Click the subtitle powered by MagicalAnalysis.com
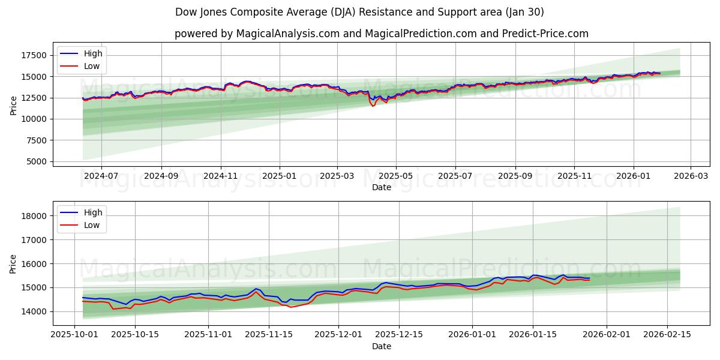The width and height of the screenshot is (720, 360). (381, 34)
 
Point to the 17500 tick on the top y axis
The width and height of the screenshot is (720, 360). (34, 55)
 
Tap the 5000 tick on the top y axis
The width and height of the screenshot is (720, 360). (37, 161)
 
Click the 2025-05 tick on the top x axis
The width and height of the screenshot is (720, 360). (395, 176)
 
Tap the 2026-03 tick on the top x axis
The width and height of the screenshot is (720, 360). (690, 176)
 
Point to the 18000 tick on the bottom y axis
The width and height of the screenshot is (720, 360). (34, 216)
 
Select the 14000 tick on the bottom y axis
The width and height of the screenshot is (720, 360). (34, 311)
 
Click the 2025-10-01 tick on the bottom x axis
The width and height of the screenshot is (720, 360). (74, 335)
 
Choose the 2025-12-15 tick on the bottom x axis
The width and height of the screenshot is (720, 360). (400, 335)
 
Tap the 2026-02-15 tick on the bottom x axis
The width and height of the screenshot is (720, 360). (667, 335)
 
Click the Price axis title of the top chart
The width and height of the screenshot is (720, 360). (14, 105)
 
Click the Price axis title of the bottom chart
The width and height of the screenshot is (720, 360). (14, 263)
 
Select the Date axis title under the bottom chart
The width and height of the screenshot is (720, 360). (381, 346)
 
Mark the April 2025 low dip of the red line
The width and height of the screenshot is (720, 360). (373, 106)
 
